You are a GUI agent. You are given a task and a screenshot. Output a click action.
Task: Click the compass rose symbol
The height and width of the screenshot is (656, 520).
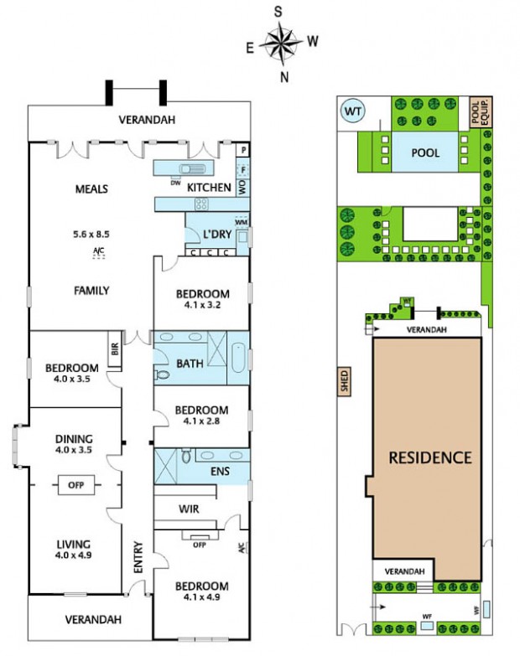click(281, 43)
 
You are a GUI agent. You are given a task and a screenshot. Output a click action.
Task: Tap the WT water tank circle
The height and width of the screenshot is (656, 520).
click(352, 111)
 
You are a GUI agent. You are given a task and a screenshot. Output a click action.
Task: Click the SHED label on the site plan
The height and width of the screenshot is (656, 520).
click(345, 381)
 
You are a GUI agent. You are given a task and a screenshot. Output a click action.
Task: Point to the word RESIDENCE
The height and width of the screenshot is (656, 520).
click(430, 457)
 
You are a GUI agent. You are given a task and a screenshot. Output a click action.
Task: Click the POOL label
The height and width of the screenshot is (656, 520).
click(425, 152)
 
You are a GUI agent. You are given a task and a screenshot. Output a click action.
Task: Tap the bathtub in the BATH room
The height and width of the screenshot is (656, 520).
click(239, 357)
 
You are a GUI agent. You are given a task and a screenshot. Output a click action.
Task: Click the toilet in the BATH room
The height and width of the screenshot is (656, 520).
click(162, 374)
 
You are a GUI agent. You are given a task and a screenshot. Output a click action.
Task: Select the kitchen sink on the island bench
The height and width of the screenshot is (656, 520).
click(192, 168)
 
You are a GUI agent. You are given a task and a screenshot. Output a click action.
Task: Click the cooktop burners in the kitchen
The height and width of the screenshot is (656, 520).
click(201, 204)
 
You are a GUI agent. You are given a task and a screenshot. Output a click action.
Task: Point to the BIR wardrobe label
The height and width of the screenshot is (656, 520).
click(115, 349)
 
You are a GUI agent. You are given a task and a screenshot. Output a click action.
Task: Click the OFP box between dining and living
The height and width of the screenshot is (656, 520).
click(75, 485)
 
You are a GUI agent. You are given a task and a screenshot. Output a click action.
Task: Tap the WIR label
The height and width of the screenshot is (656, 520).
click(189, 509)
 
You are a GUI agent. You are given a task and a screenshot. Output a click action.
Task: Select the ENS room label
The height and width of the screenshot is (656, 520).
click(221, 472)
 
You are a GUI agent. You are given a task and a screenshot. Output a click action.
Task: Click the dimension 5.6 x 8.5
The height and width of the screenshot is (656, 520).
click(91, 235)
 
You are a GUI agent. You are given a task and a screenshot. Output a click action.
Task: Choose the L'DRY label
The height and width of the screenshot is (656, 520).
click(217, 235)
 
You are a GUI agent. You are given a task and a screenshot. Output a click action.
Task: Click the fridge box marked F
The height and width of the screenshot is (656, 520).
click(243, 169)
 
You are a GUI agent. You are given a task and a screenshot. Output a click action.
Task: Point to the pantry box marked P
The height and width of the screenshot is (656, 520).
click(244, 150)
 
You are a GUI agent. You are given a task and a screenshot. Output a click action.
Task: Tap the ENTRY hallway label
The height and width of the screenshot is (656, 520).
click(138, 557)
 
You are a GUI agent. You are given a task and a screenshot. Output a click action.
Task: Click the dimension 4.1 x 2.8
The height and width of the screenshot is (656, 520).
click(201, 421)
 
